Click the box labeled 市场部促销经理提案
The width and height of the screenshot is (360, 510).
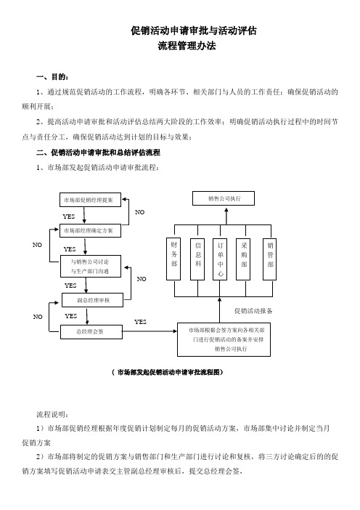(90, 200)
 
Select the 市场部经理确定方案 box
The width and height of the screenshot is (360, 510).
(90, 230)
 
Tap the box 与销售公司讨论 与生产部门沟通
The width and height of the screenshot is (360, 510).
(91, 266)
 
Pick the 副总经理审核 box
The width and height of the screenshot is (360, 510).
(93, 300)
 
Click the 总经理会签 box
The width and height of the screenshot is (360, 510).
(91, 332)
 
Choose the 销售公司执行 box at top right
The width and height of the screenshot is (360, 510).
(224, 198)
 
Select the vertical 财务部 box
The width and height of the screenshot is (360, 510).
(173, 259)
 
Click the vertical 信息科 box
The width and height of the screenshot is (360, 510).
(197, 259)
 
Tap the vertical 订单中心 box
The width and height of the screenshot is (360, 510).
(220, 259)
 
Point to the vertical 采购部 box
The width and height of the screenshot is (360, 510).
(243, 259)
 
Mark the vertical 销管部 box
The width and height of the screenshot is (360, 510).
(269, 259)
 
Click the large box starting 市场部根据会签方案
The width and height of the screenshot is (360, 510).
(224, 339)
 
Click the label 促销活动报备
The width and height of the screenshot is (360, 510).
(253, 311)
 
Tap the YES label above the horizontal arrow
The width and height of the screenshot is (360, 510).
(140, 322)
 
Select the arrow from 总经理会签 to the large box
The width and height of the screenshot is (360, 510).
(150, 331)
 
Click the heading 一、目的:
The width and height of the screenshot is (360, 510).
(52, 77)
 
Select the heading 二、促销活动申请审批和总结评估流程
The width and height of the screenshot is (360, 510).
(98, 153)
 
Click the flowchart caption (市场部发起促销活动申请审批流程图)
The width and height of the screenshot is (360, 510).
(168, 373)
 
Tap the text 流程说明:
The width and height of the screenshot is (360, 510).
(52, 414)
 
